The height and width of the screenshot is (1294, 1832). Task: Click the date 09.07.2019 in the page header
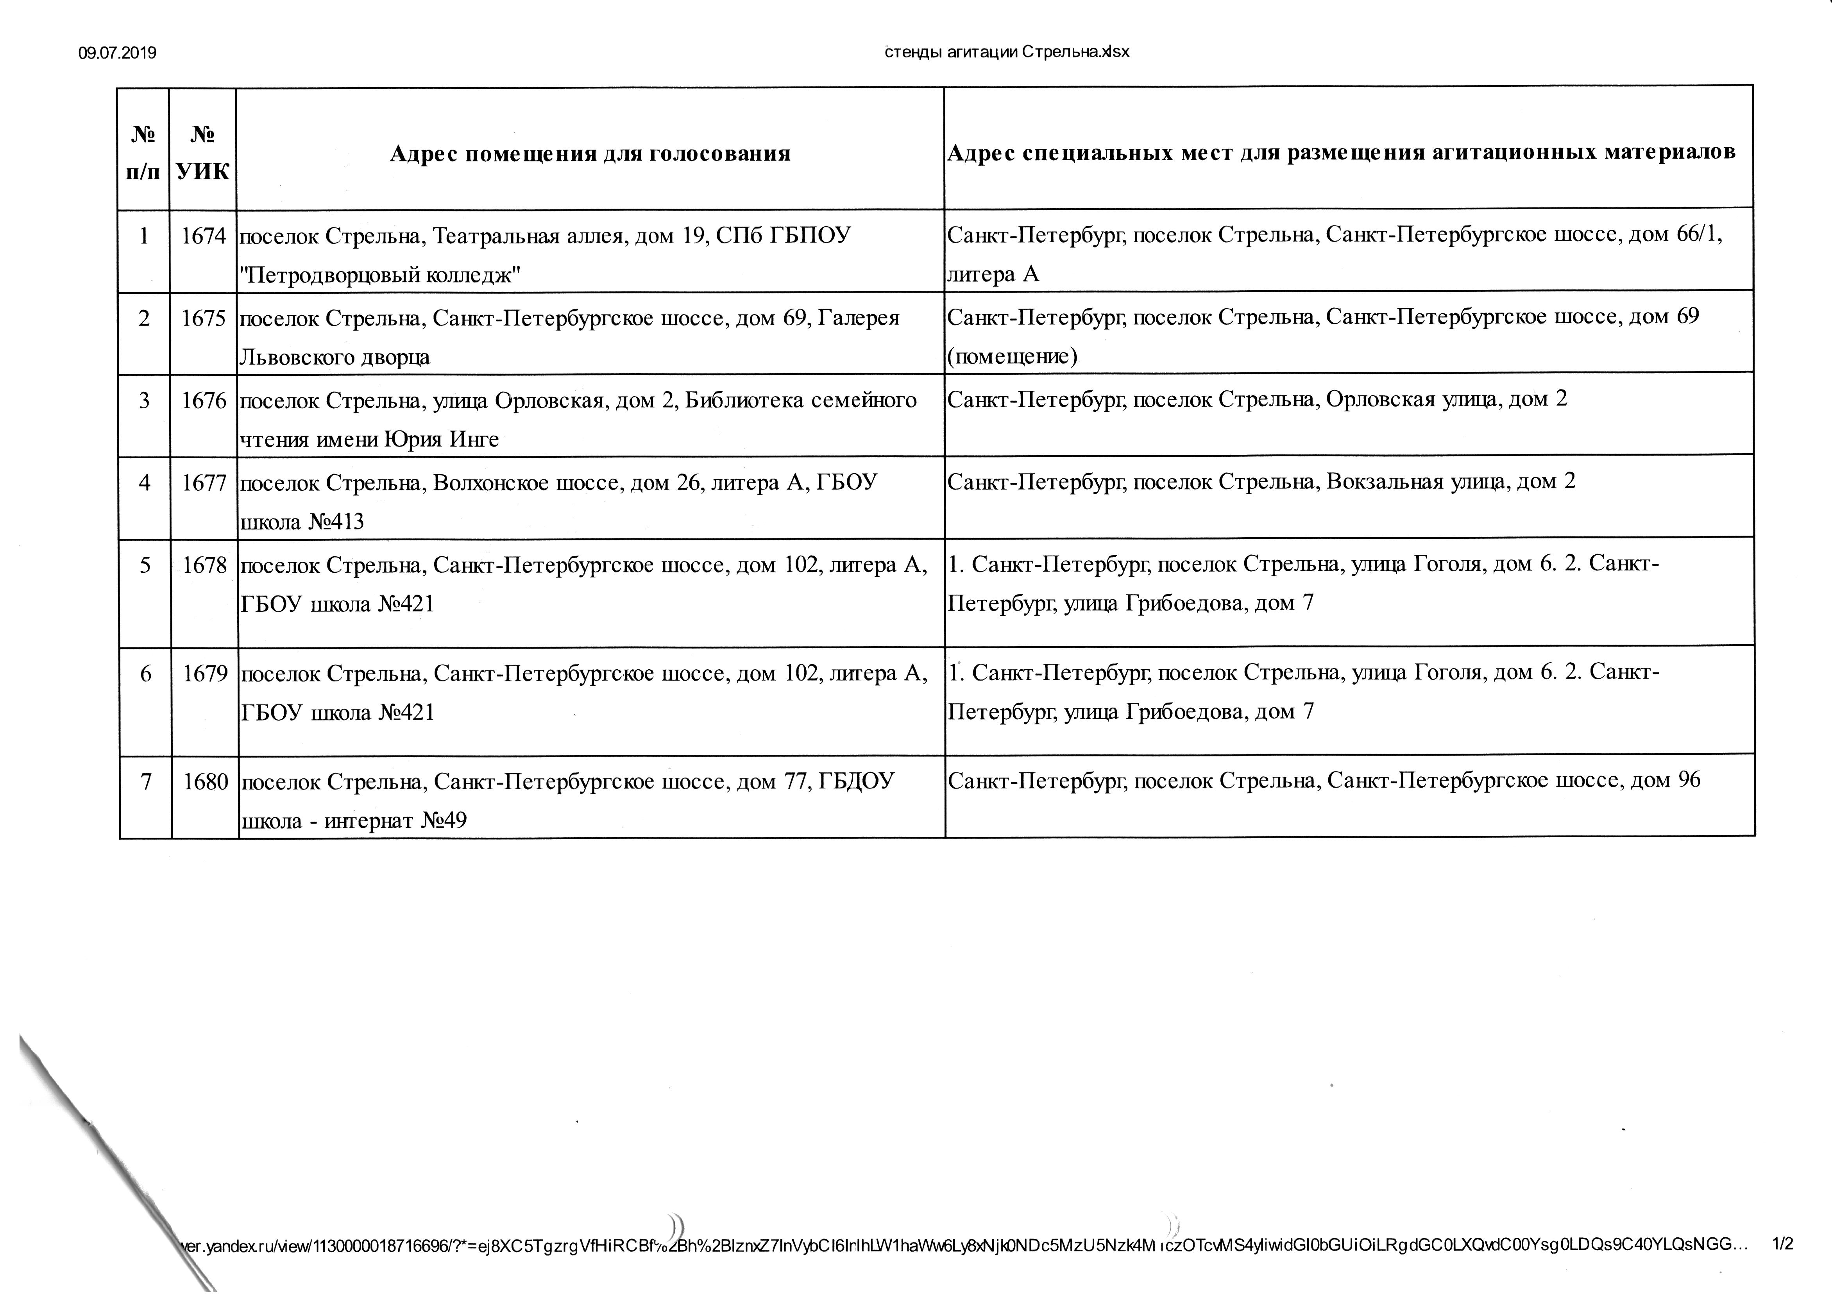coord(117,54)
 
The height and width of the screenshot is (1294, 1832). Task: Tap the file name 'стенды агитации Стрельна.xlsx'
coord(1007,52)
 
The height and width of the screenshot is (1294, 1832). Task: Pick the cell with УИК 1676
coord(204,400)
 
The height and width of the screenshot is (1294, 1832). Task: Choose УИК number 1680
coord(206,782)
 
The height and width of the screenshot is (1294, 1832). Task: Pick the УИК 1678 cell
coord(205,566)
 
